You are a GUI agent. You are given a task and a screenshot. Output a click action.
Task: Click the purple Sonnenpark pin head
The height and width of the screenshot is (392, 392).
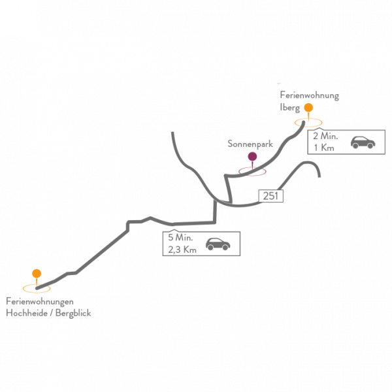252,157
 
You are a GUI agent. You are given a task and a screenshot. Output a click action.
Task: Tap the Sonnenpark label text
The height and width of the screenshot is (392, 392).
250,144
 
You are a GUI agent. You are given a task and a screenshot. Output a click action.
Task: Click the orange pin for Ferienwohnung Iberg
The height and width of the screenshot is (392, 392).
308,108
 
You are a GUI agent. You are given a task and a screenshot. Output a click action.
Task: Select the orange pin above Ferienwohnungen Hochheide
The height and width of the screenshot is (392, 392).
37,274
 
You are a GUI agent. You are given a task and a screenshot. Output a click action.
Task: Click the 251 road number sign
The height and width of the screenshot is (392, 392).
270,196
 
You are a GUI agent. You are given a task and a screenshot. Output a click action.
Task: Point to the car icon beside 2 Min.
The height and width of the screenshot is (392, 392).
363,142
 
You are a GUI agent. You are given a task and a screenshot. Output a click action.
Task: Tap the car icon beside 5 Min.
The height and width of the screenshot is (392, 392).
218,244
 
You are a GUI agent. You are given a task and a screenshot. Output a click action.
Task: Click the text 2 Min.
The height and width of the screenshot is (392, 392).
325,137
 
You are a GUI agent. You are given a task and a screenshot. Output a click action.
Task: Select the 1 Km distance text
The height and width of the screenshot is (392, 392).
324,148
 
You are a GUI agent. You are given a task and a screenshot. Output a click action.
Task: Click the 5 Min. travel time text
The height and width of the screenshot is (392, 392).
180,238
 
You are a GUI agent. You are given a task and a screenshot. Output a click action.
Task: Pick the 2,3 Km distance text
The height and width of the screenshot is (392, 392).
182,250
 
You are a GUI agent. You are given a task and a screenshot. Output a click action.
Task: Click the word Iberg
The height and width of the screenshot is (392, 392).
289,108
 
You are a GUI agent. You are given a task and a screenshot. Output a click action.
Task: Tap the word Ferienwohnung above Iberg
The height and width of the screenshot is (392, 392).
310,95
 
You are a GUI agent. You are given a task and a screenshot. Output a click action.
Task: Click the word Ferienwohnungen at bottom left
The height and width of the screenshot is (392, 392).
40,301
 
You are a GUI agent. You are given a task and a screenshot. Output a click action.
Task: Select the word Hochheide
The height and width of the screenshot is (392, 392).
27,313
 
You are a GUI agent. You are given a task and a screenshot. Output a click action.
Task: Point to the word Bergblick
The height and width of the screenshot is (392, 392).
73,313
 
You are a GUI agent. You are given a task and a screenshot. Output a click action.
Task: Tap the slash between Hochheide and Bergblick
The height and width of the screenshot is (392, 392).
52,313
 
